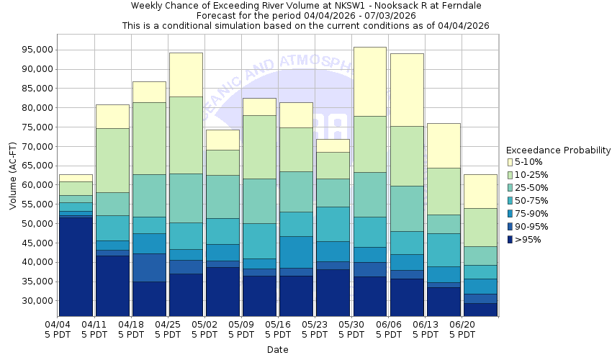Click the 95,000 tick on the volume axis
click(37, 50)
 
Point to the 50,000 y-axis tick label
click(37, 223)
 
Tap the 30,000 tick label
click(37, 300)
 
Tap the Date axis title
click(277, 350)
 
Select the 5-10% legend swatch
click(510, 162)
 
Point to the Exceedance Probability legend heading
click(558, 150)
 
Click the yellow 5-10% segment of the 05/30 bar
click(369, 81)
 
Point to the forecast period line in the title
click(305, 15)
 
